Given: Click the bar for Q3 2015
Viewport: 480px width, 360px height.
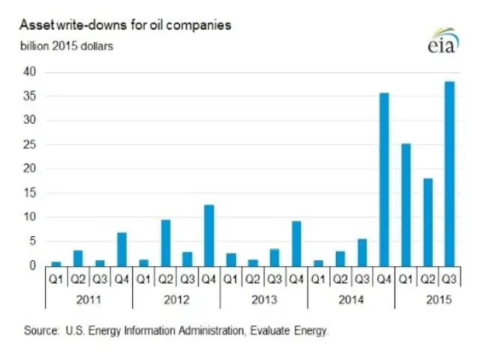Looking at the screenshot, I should pos(450,173).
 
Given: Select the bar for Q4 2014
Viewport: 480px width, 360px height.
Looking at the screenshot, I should pos(384,179).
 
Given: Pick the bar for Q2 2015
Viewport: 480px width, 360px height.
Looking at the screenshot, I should pos(428,222).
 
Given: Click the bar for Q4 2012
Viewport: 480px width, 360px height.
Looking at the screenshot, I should pos(209,235).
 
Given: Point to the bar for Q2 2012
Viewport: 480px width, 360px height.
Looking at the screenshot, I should pos(166,243).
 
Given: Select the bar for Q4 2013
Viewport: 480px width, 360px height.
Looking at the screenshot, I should pos(297,243).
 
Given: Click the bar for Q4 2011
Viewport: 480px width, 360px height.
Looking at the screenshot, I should pos(121,249).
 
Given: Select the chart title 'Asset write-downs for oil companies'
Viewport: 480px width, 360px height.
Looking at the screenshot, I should pos(125,25).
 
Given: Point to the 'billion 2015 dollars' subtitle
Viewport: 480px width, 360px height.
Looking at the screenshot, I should pos(67,46).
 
